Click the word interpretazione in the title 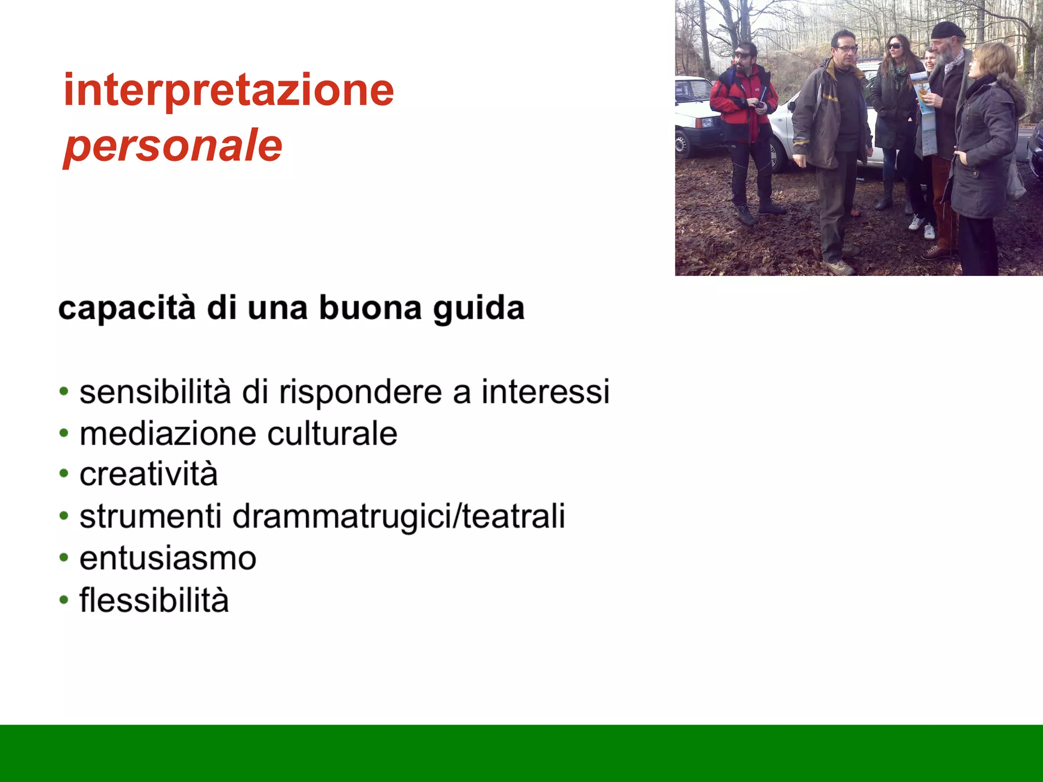coord(229,90)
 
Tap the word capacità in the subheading coord(127,309)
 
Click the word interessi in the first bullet coord(545,392)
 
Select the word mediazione coord(168,434)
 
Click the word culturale coord(332,434)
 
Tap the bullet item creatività coord(149,475)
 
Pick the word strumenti coord(151,516)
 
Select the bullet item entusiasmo coord(168,558)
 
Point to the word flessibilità coord(154,600)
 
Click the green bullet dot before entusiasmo coord(64,557)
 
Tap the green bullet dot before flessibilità coord(64,600)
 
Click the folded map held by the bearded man coord(925,112)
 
